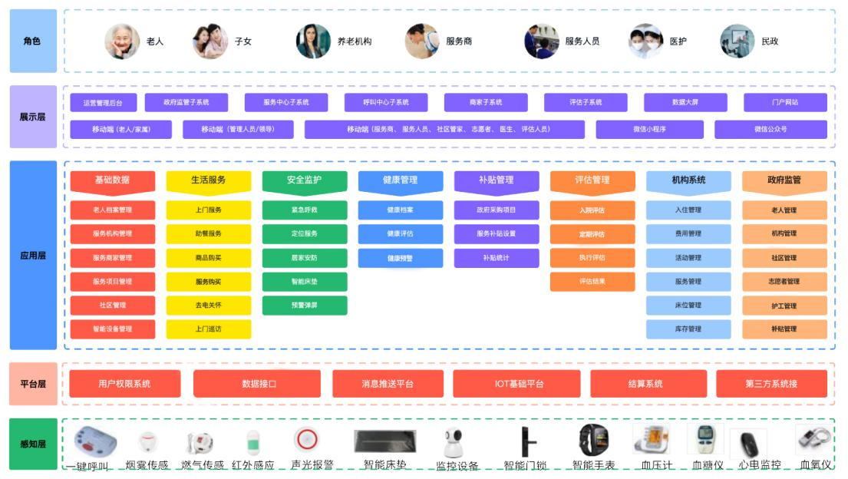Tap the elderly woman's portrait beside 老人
point(122,41)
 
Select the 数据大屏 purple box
point(685,102)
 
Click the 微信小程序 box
point(649,129)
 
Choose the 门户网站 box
point(785,102)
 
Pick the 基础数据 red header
point(112,180)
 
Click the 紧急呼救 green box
point(304,210)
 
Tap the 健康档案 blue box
point(400,210)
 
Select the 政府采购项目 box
point(496,210)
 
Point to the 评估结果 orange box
point(592,282)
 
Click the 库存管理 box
point(688,329)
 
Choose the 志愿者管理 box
point(784,282)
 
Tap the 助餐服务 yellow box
point(208,233)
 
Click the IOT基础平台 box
point(519,384)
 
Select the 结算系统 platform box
point(645,384)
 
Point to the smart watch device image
point(592,440)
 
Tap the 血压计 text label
point(656,465)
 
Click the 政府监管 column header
point(784,180)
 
